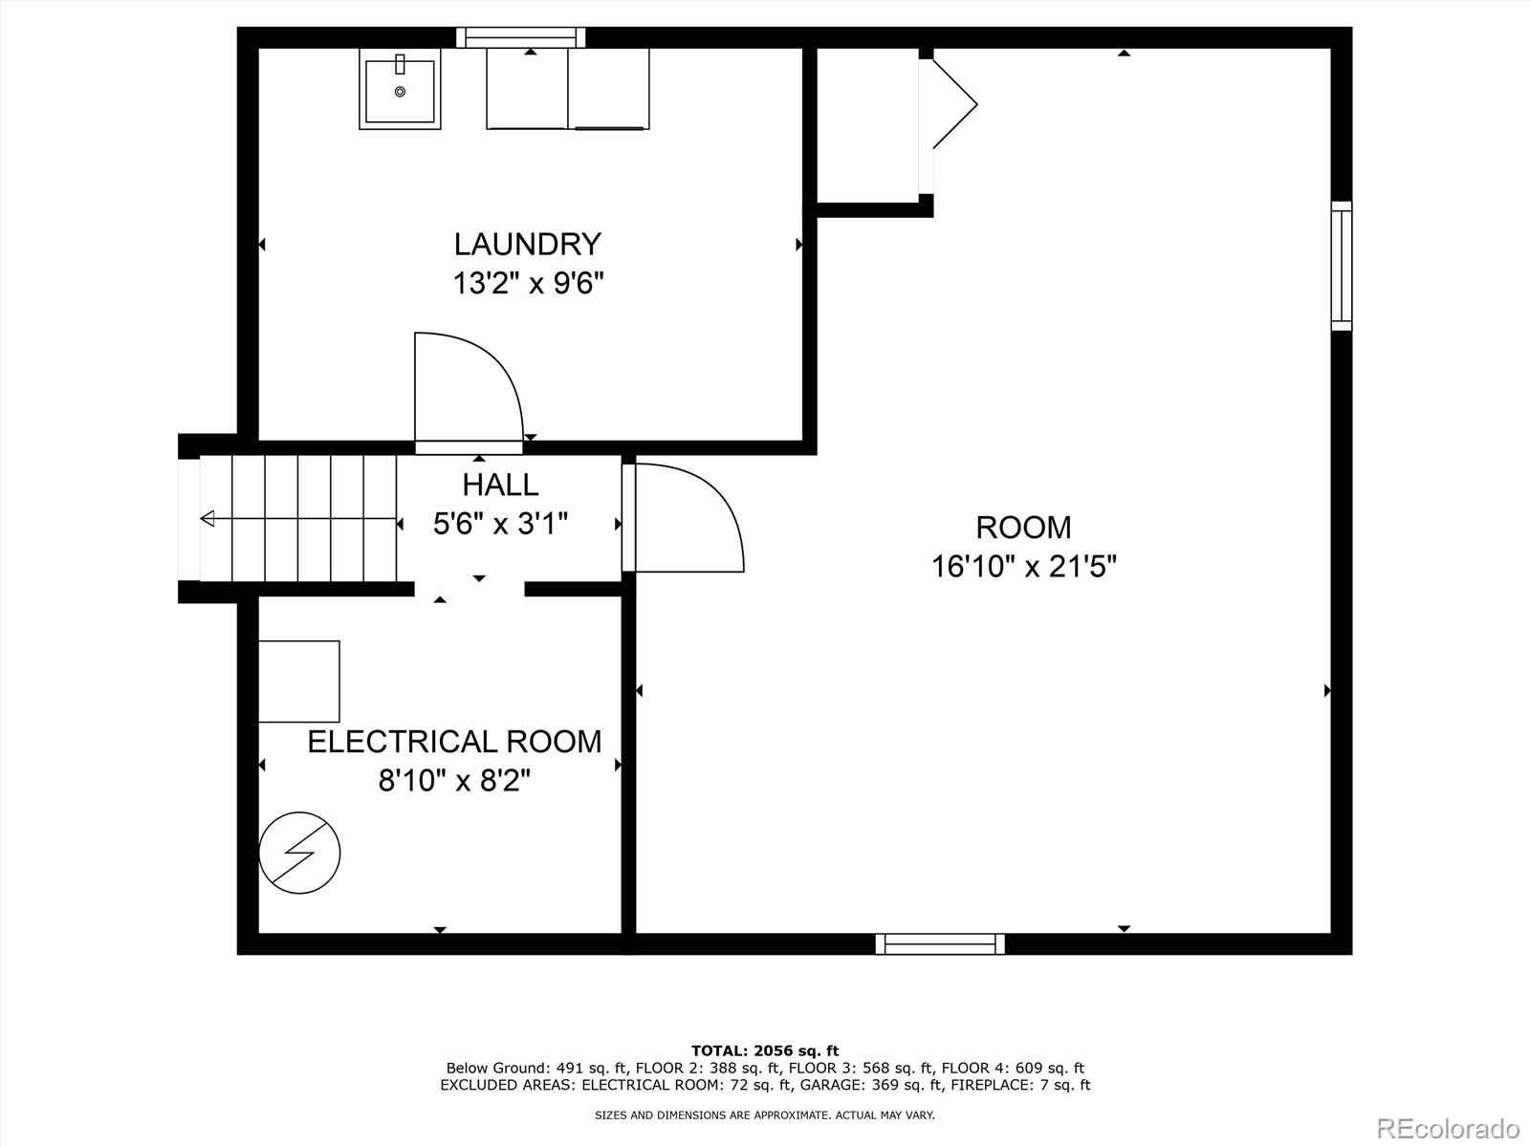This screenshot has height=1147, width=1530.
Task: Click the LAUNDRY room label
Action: [527, 245]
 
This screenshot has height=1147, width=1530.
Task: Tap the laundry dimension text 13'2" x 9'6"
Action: [529, 284]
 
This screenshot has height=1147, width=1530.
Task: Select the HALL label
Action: [500, 485]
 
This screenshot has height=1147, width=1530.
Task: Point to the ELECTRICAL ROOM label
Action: [454, 742]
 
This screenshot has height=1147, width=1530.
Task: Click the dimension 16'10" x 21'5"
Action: [1024, 566]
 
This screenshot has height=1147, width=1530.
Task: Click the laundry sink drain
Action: [400, 91]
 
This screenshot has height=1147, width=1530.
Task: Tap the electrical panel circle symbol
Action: [299, 854]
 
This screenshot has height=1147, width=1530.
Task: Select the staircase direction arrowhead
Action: [207, 518]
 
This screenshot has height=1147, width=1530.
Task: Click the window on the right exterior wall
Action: [1342, 266]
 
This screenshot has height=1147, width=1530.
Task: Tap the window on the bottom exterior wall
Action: [940, 944]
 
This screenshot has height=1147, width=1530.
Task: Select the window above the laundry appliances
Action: [521, 37]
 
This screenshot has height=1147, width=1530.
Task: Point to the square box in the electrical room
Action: [299, 682]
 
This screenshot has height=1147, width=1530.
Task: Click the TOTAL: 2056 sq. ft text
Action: [765, 1050]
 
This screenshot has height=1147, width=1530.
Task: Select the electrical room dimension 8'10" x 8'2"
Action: [454, 781]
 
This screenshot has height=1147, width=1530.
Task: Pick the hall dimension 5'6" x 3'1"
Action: [500, 524]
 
